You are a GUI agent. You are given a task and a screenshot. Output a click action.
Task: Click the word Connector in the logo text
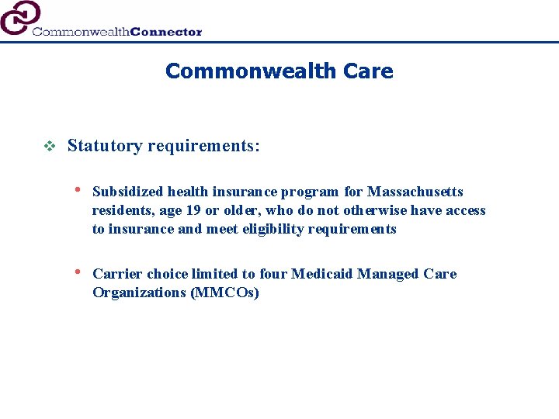coord(166,32)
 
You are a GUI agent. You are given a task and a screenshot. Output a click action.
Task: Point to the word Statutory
coord(104,146)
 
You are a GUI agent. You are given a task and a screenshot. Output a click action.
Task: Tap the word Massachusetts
coord(415,192)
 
